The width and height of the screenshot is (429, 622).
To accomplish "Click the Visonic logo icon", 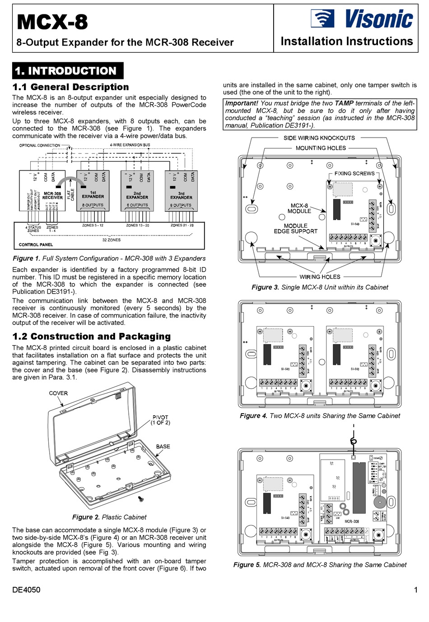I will tap(322, 19).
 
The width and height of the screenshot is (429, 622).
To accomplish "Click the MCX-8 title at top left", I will tap(52, 22).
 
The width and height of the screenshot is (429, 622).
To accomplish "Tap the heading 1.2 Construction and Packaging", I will tap(91, 336).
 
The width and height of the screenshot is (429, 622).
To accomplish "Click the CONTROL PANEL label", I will tap(36, 244).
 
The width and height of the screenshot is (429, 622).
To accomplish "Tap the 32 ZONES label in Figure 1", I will tap(111, 240).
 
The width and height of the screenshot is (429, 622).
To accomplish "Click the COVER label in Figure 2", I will tap(58, 393).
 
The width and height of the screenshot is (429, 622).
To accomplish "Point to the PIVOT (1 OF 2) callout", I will tap(160, 420).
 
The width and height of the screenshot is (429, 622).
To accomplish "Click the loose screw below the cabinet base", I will tap(141, 499).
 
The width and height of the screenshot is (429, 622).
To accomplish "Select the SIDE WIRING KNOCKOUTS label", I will tap(319, 138).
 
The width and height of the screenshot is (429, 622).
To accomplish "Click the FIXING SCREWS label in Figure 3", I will tap(354, 174).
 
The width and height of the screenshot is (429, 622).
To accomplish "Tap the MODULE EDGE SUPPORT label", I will tap(295, 229).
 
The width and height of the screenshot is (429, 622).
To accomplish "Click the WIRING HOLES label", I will tap(320, 277).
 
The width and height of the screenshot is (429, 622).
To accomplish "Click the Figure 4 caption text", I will tap(320, 416).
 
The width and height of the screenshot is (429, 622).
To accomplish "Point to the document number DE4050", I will tap(26, 590).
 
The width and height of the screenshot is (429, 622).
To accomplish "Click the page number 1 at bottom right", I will tap(415, 590).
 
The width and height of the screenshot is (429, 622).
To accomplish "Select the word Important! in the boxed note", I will tap(242, 103).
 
